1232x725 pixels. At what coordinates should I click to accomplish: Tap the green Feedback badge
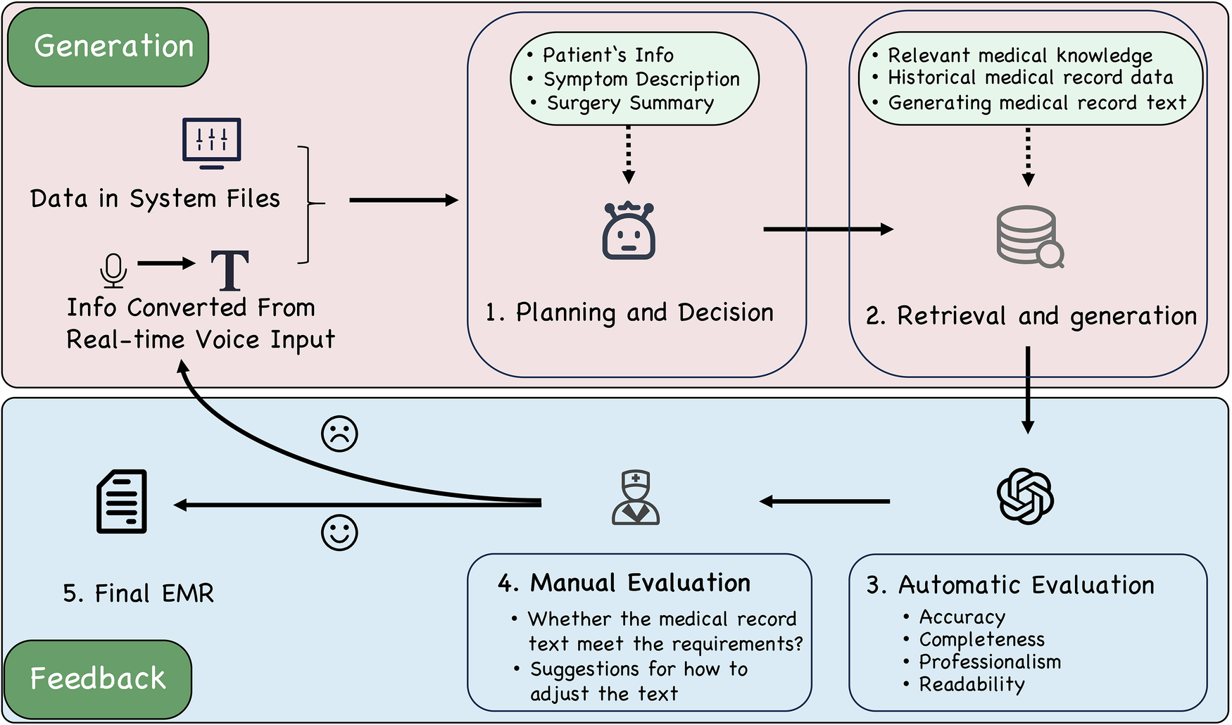98,679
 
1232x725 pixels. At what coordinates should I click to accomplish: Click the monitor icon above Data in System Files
212,143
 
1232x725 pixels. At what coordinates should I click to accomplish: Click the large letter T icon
230,271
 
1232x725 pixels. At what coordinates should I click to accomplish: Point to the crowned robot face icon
629,232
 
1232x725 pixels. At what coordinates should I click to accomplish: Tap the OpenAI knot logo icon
1025,497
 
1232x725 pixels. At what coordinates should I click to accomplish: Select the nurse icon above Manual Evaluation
636,498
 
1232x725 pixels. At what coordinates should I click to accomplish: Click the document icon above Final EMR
122,501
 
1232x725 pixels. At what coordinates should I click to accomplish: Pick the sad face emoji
339,434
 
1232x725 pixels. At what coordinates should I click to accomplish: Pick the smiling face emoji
339,533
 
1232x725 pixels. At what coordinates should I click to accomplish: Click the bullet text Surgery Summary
630,103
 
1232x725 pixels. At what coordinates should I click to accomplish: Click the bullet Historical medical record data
1030,77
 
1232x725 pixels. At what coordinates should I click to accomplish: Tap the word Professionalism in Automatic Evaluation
990,662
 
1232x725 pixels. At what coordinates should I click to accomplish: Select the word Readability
972,685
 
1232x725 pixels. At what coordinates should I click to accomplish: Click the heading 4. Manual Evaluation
624,584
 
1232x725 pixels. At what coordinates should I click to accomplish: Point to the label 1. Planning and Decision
629,313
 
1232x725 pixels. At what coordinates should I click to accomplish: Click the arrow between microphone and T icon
166,264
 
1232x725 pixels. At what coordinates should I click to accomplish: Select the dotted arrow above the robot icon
629,155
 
